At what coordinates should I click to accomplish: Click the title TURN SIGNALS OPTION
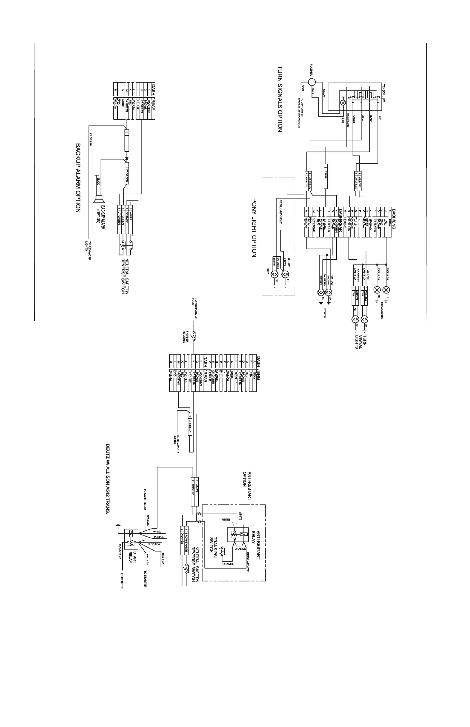click(x=280, y=99)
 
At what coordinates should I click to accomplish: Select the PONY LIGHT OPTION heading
click(x=254, y=228)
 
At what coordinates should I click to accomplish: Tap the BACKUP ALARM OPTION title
click(x=78, y=178)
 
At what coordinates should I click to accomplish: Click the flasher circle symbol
click(x=311, y=82)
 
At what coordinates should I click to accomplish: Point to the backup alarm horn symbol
click(x=99, y=199)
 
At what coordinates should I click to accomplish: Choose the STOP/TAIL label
click(x=325, y=312)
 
